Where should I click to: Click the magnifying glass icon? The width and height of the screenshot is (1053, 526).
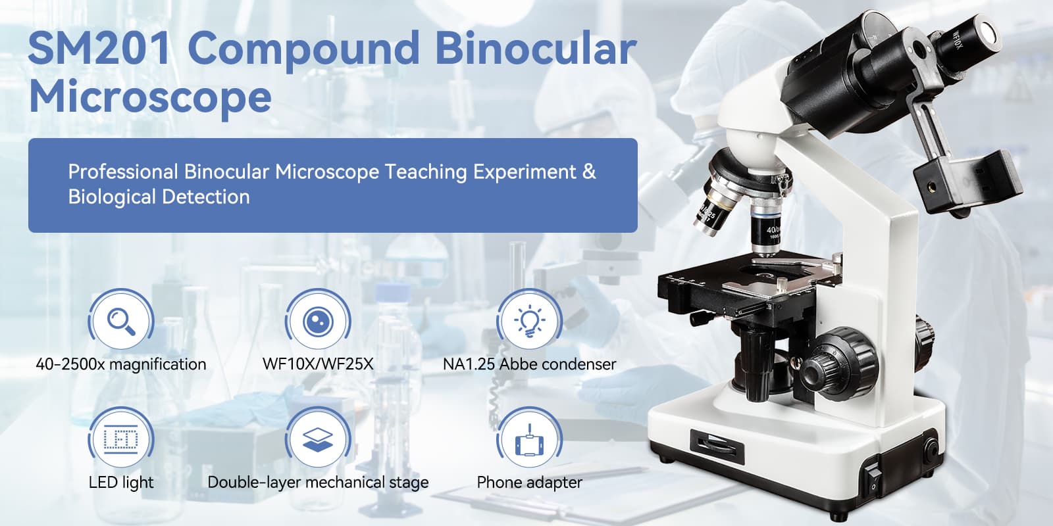pos(121,322)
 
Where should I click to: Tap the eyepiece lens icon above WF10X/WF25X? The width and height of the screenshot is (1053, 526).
pos(319,322)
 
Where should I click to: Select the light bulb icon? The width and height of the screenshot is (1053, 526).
pos(529,322)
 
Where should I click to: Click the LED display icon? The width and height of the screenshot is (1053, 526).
pos(121,440)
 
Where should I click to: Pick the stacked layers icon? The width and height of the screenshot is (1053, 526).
pos(319,440)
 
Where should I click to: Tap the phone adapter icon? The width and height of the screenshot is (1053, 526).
pos(529,440)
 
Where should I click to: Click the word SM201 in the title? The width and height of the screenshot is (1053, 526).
pos(99,49)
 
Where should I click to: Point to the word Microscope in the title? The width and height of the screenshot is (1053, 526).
pos(151,97)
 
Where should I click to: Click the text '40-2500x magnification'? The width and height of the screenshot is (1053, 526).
pos(121,364)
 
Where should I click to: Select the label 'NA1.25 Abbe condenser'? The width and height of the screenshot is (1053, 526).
pos(529,364)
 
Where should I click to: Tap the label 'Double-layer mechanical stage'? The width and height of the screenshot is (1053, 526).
pos(319,483)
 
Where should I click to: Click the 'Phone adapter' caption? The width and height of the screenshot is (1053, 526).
pos(529,483)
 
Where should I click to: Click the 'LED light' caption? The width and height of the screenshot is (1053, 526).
pos(121,483)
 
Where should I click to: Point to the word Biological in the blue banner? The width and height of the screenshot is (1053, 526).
pos(112,197)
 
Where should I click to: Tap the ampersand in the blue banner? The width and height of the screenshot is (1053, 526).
pos(589,172)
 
